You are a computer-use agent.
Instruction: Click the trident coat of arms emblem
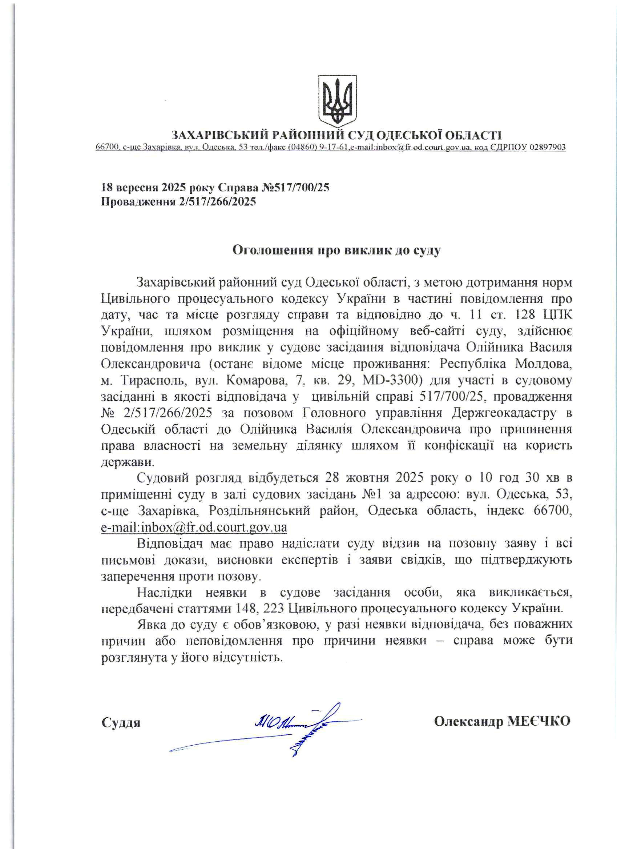pos(337,100)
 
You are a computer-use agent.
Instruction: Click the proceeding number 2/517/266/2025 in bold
pos(218,202)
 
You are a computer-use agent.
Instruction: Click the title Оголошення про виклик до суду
pos(336,250)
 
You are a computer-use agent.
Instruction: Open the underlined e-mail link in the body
pos(194,527)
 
